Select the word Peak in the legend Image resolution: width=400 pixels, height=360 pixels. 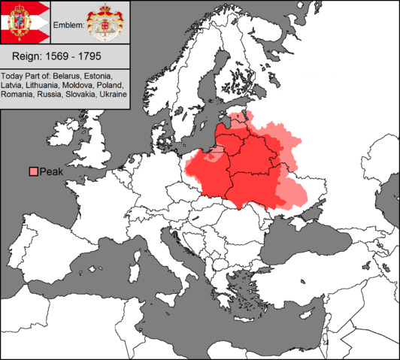[x=52, y=172]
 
